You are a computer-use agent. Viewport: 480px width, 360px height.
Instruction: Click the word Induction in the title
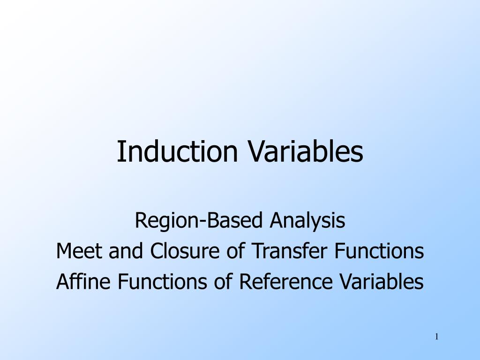point(177,151)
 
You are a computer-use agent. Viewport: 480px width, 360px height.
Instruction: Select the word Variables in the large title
point(305,151)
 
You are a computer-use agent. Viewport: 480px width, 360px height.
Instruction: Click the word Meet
point(79,251)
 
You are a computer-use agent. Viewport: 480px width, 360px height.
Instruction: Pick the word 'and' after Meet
point(126,251)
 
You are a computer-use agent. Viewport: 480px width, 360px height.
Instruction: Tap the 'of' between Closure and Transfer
point(236,251)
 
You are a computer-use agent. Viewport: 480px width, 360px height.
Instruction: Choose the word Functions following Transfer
point(379,251)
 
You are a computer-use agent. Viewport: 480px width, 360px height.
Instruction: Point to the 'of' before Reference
point(223,281)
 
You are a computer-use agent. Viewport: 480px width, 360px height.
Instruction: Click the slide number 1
point(437,337)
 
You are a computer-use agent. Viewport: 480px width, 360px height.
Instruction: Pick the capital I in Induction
point(120,151)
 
